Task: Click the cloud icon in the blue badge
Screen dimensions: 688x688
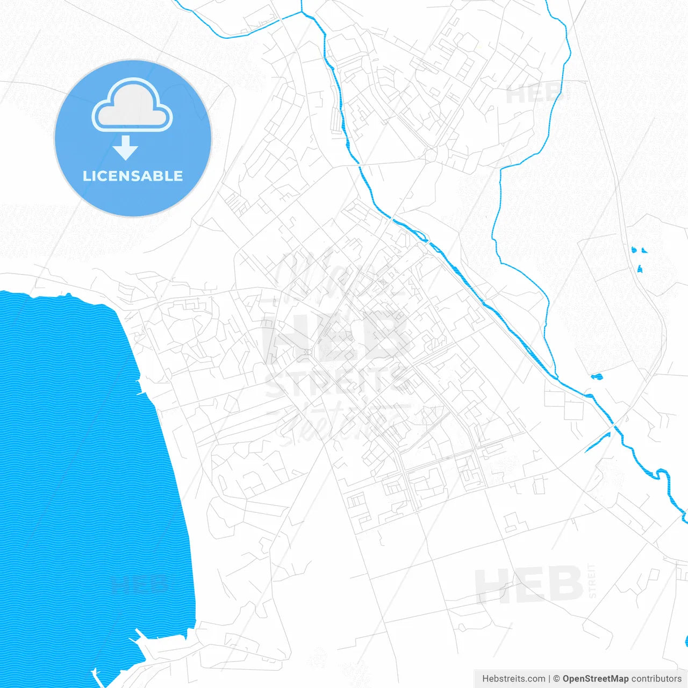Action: click(x=132, y=106)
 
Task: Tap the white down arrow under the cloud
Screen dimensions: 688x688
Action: click(x=126, y=148)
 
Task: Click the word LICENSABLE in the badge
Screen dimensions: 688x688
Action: click(x=133, y=176)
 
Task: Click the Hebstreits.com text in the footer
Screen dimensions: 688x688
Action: click(x=513, y=679)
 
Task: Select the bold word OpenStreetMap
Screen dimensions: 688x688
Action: click(x=595, y=679)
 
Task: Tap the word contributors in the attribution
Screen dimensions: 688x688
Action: click(x=656, y=679)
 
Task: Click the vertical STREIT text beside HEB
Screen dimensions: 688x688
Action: click(x=592, y=581)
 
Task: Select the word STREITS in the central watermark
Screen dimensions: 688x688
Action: click(x=336, y=383)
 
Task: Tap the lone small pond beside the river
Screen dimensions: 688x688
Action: click(x=597, y=377)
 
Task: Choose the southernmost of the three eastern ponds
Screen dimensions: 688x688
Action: click(x=640, y=269)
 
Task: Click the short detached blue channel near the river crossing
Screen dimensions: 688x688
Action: click(x=598, y=442)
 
